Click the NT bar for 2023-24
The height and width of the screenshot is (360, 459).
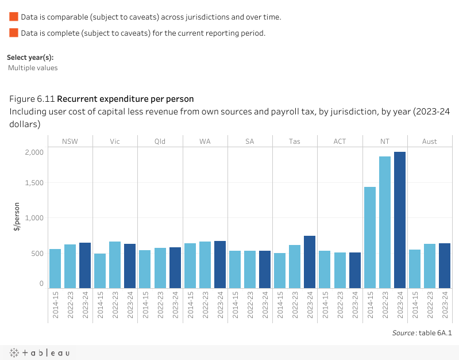400,220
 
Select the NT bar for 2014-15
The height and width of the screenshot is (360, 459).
370,238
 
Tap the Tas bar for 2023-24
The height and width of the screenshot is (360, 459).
310,262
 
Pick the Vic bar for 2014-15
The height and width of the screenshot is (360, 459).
100,271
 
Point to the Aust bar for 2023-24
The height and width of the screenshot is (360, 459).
445,266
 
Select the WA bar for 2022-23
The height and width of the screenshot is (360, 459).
205,265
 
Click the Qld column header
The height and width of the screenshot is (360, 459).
160,141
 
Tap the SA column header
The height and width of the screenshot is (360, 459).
250,141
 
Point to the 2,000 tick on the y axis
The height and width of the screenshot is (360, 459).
34,152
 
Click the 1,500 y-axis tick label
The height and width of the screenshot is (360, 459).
34,183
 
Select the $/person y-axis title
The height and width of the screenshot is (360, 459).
17,217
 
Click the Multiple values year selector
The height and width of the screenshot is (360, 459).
33,68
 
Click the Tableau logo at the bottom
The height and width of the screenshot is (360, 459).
39,353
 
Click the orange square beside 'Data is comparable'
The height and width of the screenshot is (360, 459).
14,17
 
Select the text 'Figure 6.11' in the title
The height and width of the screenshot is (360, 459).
32,98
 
